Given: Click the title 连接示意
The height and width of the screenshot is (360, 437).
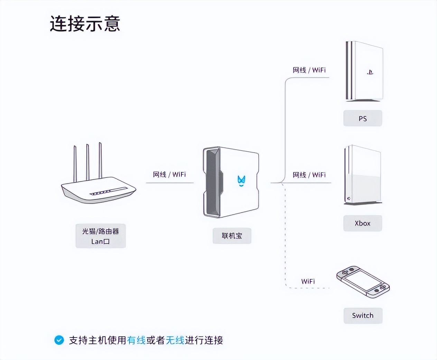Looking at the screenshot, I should point(85,24).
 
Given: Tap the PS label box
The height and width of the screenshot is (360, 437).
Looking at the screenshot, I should point(362,119).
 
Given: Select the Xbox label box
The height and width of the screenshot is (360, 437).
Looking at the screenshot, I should point(362,223).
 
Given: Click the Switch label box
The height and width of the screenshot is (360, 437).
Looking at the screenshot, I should point(363,315).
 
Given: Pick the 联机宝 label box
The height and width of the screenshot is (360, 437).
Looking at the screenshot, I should point(232,236).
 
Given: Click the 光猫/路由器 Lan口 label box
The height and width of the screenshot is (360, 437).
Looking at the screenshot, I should point(100,236).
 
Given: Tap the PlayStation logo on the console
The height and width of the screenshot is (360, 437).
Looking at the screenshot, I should point(370,73).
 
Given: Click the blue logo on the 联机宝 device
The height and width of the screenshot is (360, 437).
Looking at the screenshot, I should point(241,180).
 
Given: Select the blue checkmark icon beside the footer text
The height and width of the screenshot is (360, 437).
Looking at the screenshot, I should point(59,340).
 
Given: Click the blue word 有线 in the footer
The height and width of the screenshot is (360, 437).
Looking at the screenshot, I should point(136,340).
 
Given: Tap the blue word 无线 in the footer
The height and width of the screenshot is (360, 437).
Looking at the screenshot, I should point(175,340).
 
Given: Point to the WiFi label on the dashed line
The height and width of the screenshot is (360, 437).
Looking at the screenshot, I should point(308,281).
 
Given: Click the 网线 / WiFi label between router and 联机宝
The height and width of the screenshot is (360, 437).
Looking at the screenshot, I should point(169,174).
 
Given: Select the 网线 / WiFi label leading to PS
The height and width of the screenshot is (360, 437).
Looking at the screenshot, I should point(309,70).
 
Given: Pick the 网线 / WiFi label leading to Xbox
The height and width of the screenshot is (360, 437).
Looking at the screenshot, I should point(309,175).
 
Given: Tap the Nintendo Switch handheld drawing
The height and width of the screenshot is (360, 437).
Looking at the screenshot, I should point(363,282).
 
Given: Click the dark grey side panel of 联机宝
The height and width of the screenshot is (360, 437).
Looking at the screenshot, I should point(212,181).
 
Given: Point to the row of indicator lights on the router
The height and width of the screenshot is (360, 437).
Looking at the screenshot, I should point(108,191).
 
